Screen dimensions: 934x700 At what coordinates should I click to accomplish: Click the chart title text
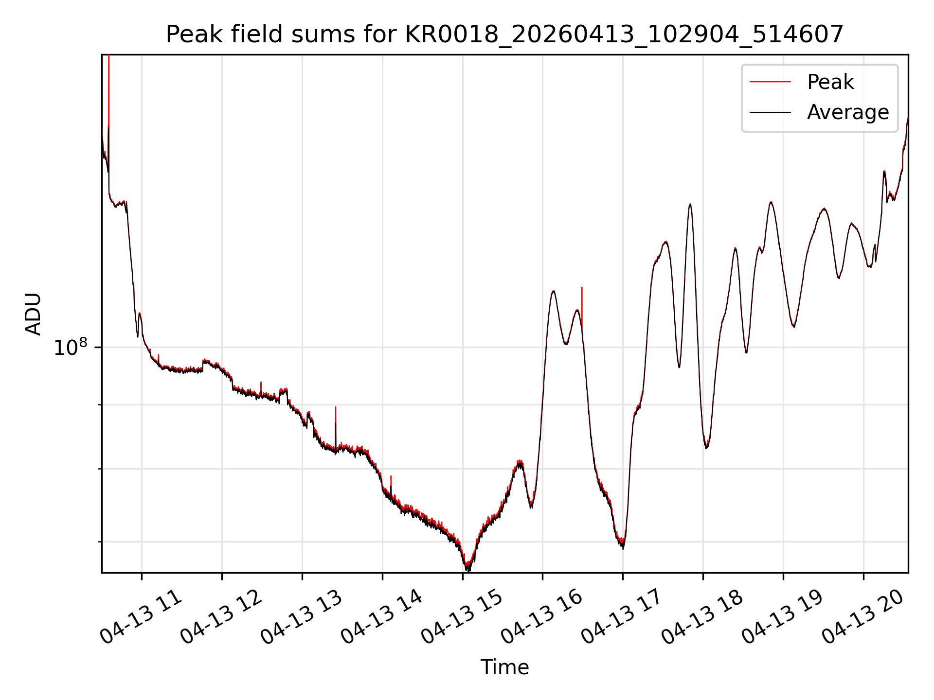click(x=504, y=35)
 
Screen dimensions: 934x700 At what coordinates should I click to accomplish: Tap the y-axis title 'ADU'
click(x=33, y=314)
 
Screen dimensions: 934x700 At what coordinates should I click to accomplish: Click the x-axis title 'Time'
click(x=504, y=667)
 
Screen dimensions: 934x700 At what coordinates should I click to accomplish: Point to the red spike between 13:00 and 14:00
click(x=336, y=428)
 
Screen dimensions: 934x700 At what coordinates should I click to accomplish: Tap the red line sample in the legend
click(x=770, y=82)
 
